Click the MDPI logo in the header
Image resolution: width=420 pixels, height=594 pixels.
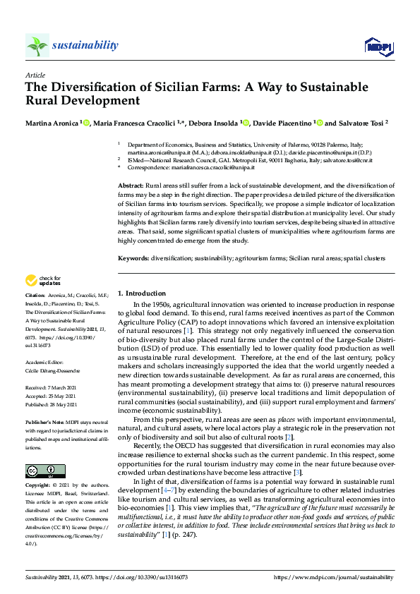[x=378, y=46]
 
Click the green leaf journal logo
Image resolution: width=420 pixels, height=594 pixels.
[x=37, y=46]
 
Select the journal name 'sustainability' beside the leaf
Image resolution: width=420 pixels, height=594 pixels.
[x=85, y=45]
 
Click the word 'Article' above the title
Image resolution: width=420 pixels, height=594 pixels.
[x=35, y=74]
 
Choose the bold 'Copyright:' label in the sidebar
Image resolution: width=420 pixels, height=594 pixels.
[x=38, y=486]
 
